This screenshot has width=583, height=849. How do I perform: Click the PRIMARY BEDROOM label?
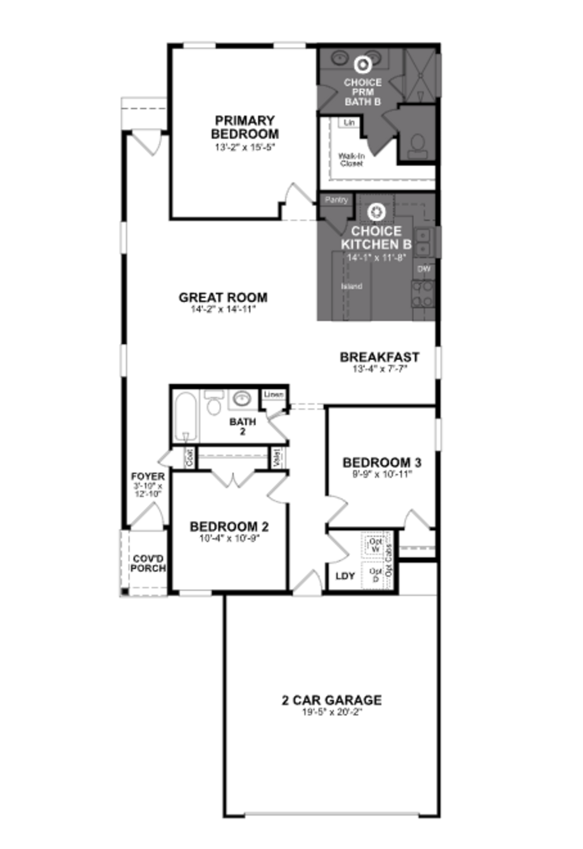tap(245, 127)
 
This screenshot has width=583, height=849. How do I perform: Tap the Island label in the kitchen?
tap(351, 286)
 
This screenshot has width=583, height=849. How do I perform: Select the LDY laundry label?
tap(345, 576)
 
